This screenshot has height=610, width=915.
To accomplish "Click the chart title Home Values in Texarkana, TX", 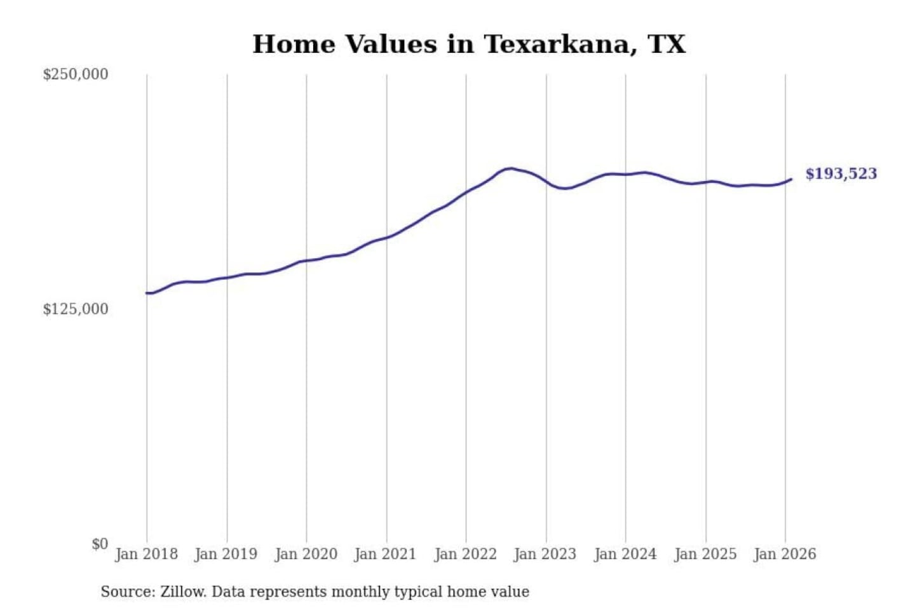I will click(x=469, y=44).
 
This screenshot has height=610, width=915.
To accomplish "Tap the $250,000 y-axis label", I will click(x=76, y=74).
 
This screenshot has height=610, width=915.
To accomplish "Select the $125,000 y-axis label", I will click(x=76, y=309).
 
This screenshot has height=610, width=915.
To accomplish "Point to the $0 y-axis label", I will click(x=100, y=544).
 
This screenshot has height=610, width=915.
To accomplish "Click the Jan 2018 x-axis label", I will click(x=146, y=554).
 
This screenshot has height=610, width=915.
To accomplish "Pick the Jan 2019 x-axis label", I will click(x=226, y=554).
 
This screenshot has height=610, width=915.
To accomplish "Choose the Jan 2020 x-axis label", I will click(x=306, y=554).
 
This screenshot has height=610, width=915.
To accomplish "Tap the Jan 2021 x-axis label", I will click(x=385, y=554).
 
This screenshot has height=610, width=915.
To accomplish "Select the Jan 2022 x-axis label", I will click(x=465, y=554).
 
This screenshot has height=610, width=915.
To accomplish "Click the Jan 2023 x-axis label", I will click(x=545, y=554).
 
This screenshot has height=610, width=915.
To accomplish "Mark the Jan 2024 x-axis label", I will click(x=625, y=554).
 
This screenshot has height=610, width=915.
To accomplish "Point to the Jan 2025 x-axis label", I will click(x=705, y=554).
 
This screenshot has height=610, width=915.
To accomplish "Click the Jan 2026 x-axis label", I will click(x=784, y=554).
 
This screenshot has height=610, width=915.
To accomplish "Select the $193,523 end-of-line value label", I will click(x=841, y=174).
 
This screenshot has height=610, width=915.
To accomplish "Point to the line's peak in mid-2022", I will click(x=509, y=168).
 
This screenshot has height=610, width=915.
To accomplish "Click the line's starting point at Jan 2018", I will click(x=147, y=293).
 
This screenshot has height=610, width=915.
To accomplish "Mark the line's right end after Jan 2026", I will click(x=791, y=179).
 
